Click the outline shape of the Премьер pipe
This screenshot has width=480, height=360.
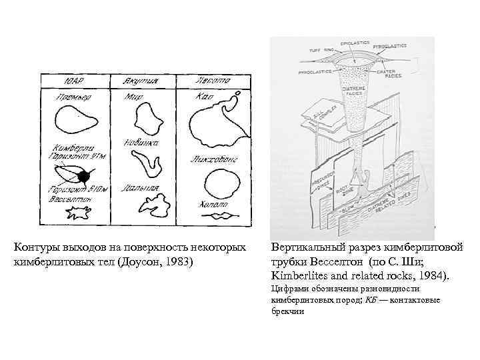pos(75,121)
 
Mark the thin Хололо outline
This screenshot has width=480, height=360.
pos(220,215)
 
